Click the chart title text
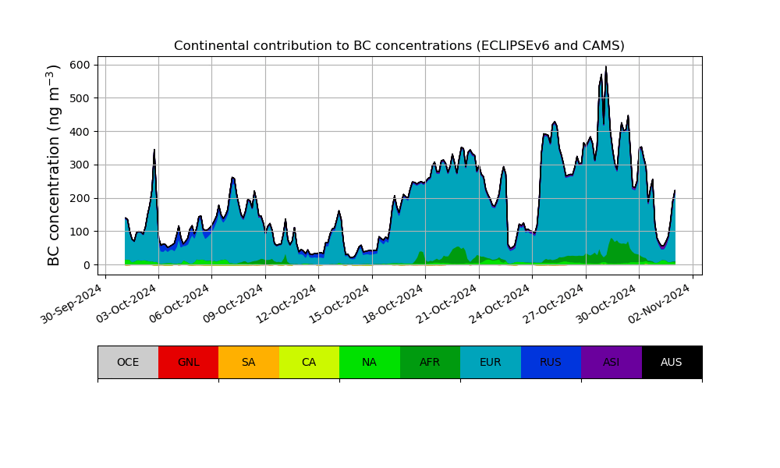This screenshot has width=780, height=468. tap(399, 45)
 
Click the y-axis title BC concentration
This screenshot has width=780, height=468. tap(54, 165)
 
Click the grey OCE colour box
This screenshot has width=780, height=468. tap(128, 362)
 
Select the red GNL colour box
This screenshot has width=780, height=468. tap(188, 362)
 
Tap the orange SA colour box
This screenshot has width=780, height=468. tap(248, 362)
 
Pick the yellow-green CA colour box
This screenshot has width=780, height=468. tap(309, 362)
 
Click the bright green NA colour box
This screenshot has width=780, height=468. tap(369, 362)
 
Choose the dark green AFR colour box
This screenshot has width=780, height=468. tap(430, 362)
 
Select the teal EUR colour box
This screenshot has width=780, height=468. tap(490, 362)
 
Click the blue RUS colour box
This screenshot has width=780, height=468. tap(551, 362)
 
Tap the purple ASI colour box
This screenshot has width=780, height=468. tap(611, 362)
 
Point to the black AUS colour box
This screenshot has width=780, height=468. tap(672, 362)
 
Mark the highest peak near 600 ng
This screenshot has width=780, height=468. tap(606, 67)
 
